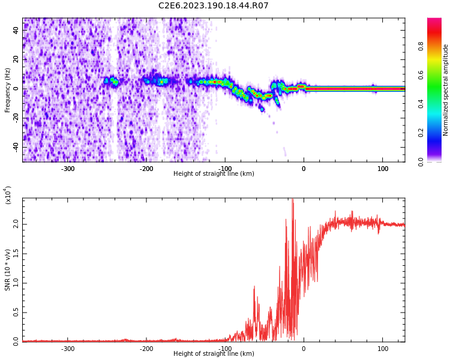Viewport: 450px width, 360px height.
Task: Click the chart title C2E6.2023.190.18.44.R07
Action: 213,6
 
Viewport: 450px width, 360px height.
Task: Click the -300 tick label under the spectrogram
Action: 68,169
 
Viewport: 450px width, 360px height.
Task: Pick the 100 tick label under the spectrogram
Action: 382,169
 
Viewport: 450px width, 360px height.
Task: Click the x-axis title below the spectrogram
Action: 214,174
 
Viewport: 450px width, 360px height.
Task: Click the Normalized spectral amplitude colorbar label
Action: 446,90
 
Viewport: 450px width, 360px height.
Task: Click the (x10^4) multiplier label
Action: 8,196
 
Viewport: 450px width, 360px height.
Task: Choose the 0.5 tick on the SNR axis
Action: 16,312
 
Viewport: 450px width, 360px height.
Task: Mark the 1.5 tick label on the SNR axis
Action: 16,253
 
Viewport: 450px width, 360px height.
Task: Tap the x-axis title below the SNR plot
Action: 214,354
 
